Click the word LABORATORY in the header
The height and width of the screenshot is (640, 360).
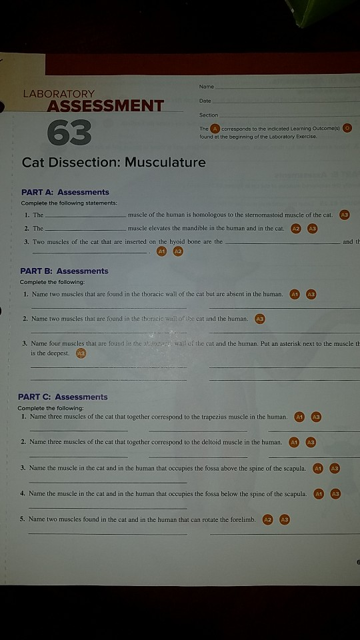coord(59,94)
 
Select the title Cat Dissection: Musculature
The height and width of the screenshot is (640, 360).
coord(114,162)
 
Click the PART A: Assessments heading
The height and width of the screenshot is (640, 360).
coord(65,192)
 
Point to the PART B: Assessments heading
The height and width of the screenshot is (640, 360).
coord(64,271)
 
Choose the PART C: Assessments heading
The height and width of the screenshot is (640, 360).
coord(63,397)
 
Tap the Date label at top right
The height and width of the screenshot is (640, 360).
coord(205,101)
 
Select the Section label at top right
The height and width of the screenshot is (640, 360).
coord(209,115)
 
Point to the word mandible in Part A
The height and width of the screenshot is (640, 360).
coord(201,228)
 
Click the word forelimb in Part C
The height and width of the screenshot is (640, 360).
coord(241,519)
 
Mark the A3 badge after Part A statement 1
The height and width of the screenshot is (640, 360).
coord(344,215)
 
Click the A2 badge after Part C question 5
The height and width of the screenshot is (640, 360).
coord(269,519)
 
